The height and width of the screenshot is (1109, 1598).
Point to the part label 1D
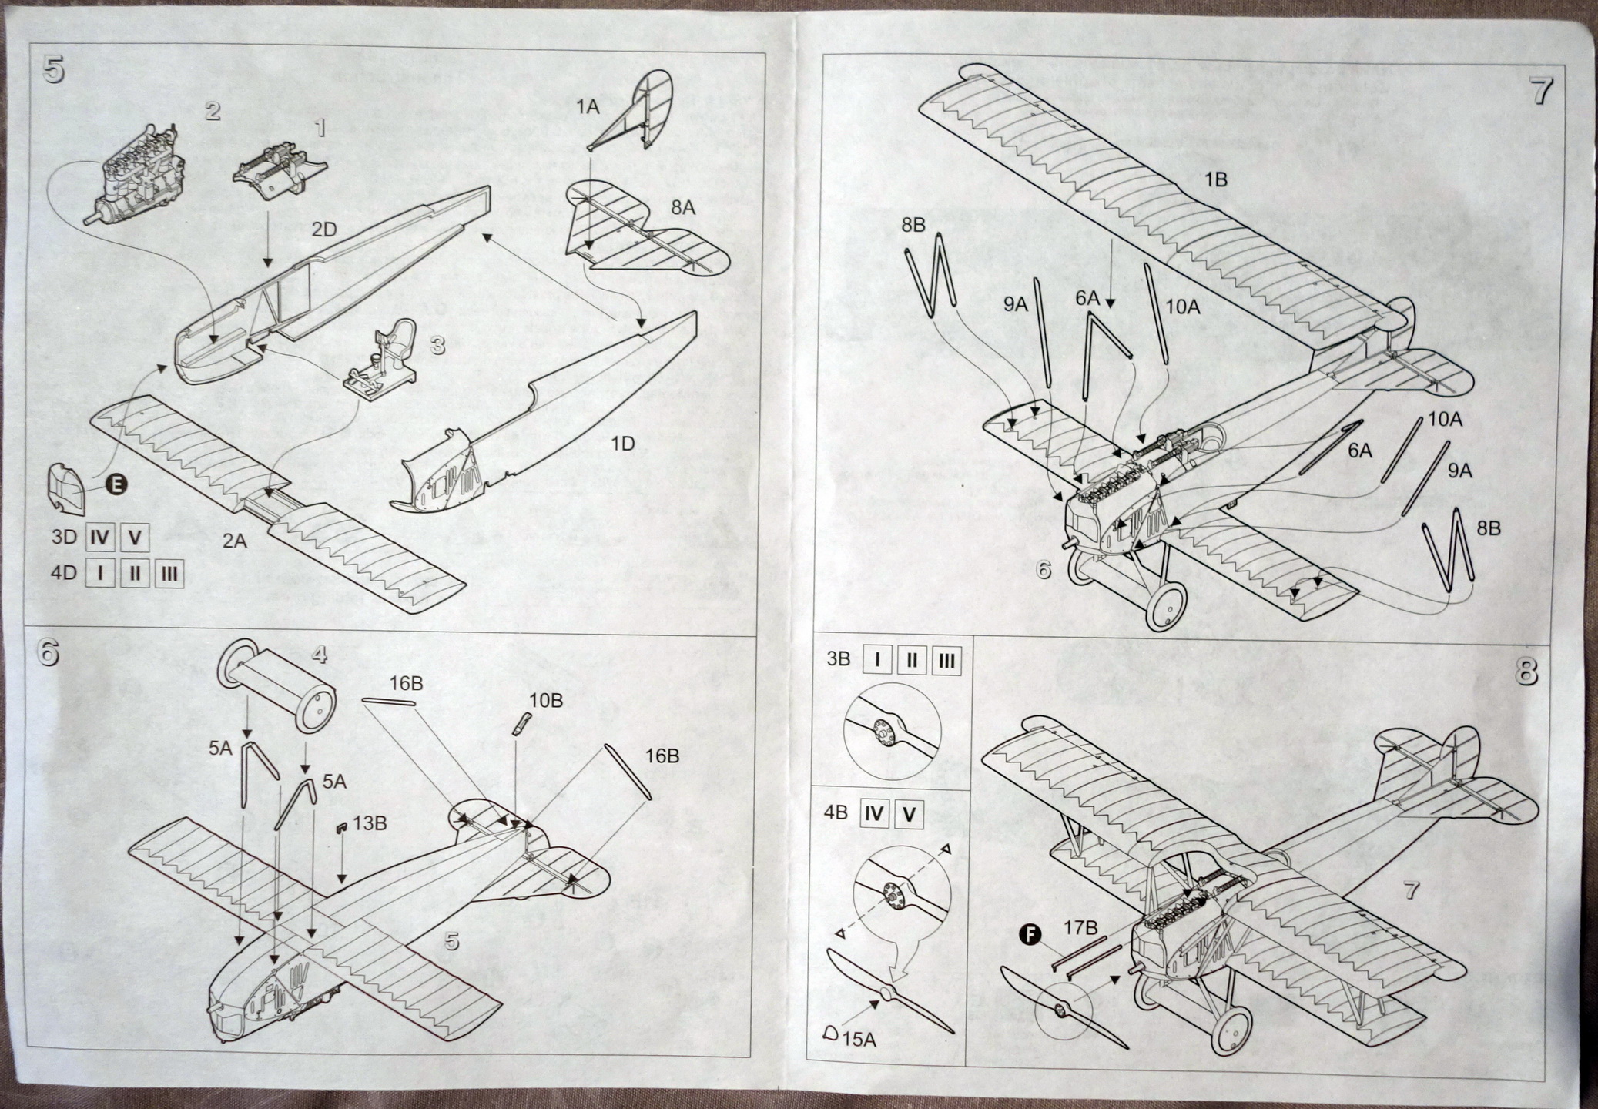[x=622, y=444]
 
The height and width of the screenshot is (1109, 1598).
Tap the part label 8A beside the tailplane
[x=682, y=207]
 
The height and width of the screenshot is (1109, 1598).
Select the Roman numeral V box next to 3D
[x=134, y=537]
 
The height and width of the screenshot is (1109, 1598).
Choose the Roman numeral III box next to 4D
[x=169, y=574]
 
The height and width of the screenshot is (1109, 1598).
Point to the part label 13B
[x=370, y=823]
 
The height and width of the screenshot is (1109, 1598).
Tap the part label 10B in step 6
[x=545, y=700]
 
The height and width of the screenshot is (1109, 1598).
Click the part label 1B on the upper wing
[x=1214, y=179]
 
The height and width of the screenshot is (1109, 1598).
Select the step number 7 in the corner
[x=1540, y=91]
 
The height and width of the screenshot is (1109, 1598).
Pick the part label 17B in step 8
[x=1080, y=929]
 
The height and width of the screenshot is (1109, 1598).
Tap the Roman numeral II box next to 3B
[x=911, y=661]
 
